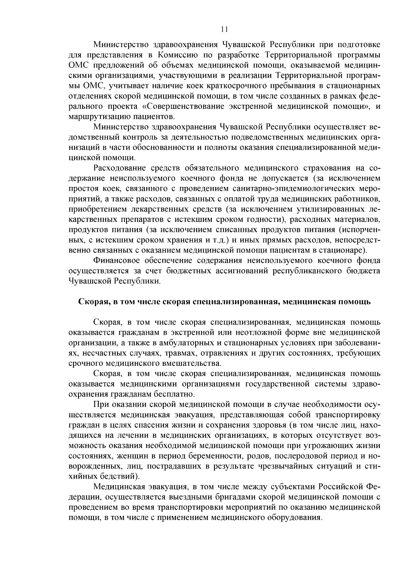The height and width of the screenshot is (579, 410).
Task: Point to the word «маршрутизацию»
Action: coord(97,117)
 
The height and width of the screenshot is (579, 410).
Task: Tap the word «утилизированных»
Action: coord(334,209)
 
